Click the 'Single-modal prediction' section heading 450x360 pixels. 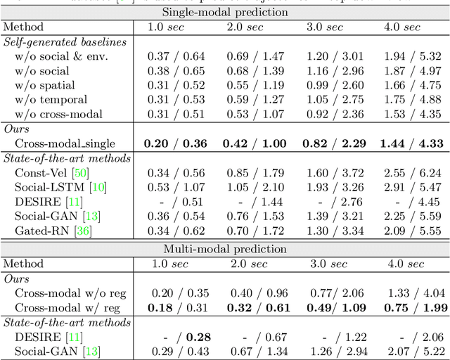tap(225, 12)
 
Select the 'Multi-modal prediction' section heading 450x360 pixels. tap(225, 249)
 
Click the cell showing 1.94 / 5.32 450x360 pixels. tap(411, 56)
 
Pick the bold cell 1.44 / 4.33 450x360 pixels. tap(411, 143)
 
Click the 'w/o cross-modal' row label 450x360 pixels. tap(58, 114)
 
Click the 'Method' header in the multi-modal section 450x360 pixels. tap(23, 264)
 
